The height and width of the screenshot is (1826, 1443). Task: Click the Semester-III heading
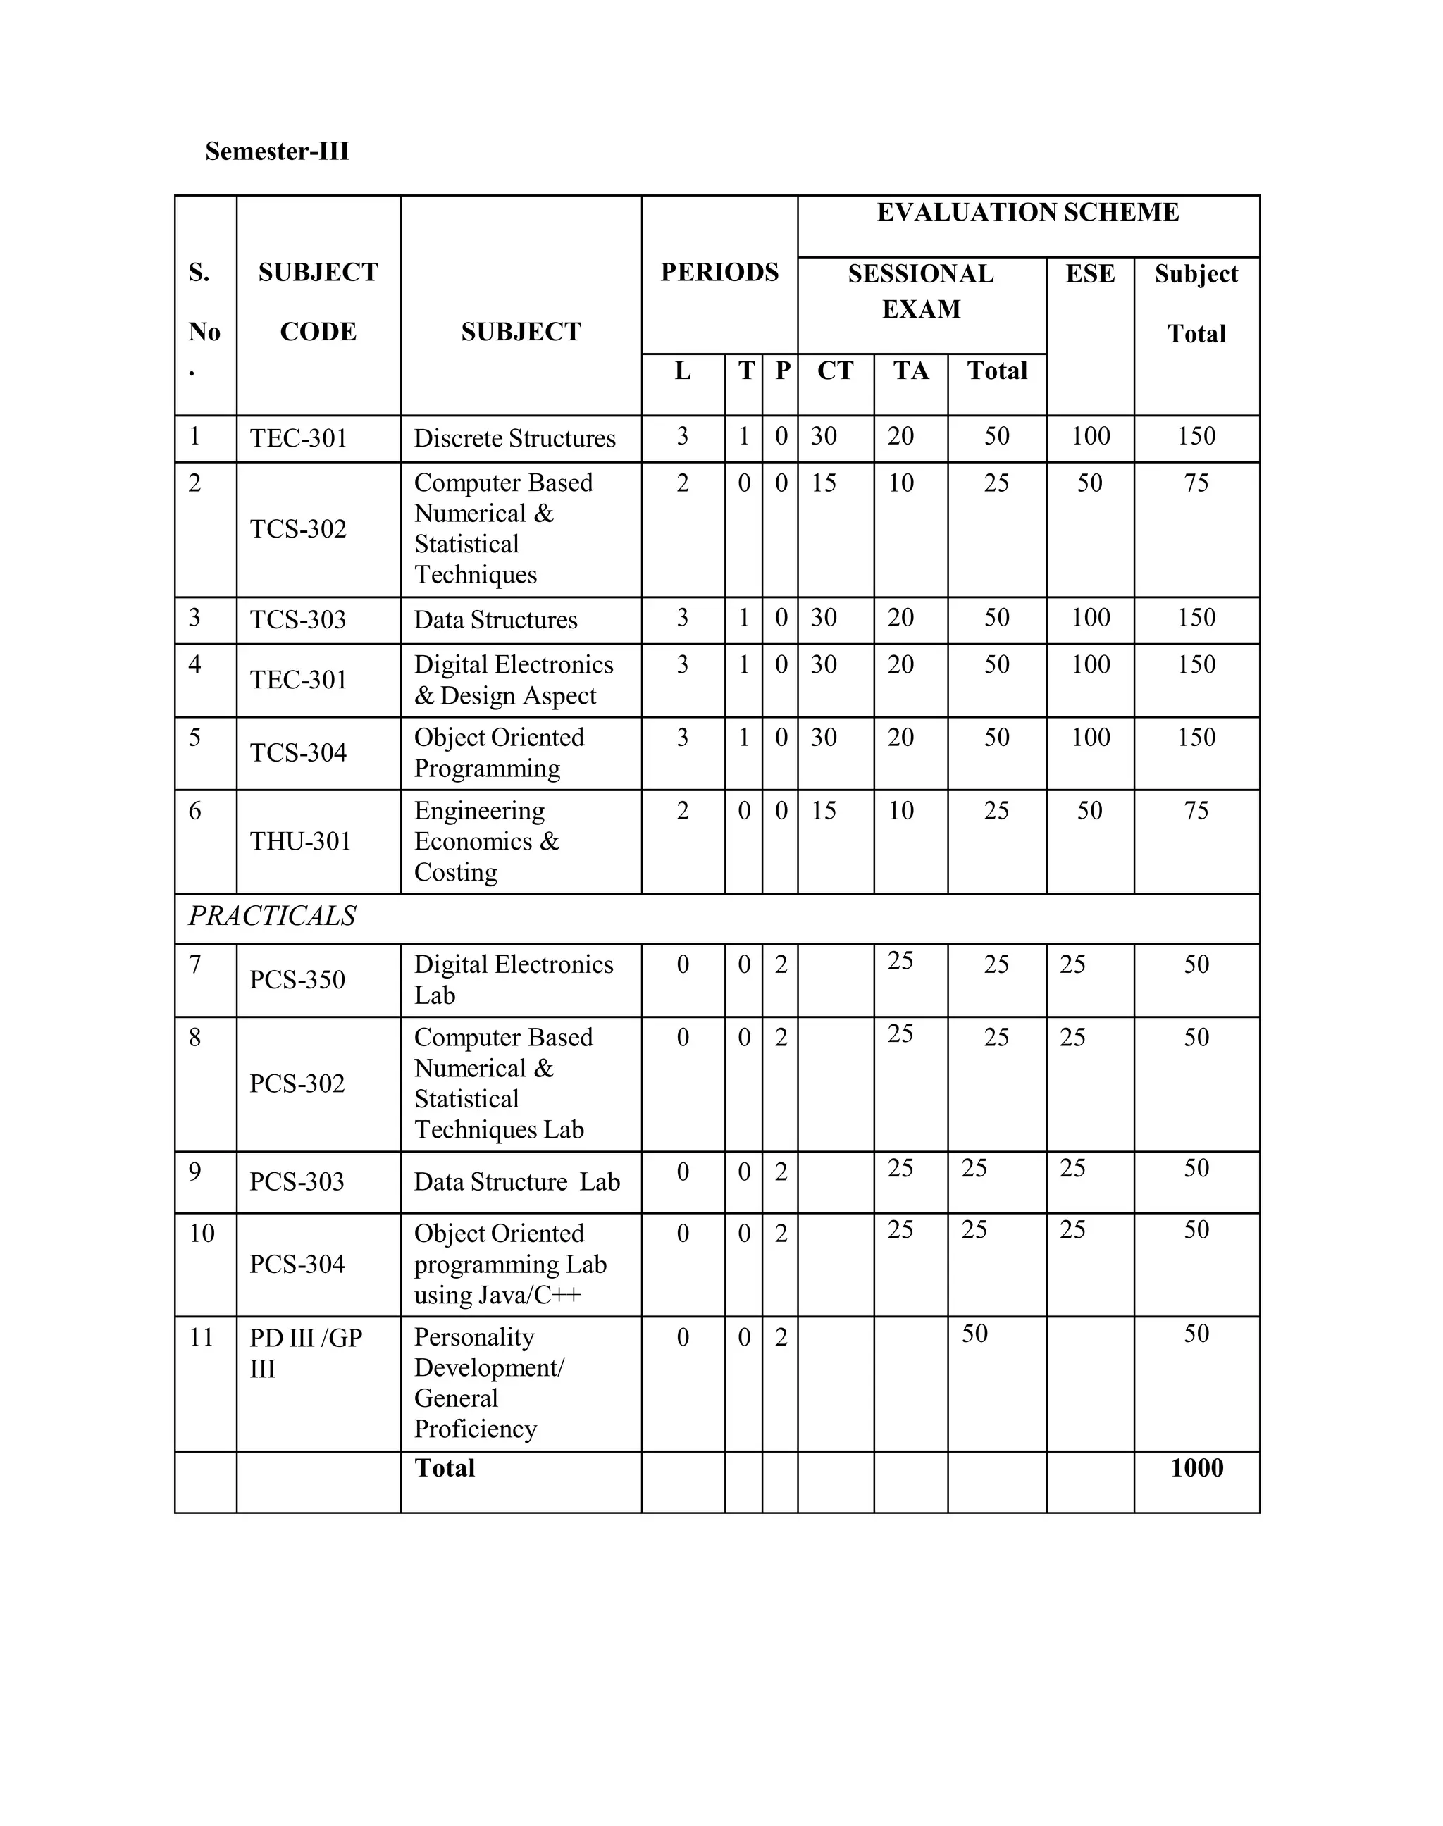(277, 152)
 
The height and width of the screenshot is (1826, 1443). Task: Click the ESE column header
(1090, 275)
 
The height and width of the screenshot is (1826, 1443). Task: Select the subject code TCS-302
(298, 530)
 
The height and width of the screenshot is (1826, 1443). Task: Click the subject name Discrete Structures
(514, 439)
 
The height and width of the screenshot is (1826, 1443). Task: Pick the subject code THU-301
(300, 842)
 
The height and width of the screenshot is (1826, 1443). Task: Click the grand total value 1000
(1196, 1469)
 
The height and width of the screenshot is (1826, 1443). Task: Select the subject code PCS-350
(297, 981)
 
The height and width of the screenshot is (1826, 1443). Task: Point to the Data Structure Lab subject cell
(516, 1182)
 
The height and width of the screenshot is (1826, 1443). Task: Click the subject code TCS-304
(298, 753)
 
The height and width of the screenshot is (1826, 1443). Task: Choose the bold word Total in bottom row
(445, 1469)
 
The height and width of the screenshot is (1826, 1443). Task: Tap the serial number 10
(202, 1234)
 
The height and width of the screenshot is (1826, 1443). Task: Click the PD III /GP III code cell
(305, 1353)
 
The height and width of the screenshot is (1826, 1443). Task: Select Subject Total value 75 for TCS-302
(1196, 484)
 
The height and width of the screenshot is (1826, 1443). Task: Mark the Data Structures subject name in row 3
(495, 621)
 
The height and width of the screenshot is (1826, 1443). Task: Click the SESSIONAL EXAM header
(921, 292)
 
